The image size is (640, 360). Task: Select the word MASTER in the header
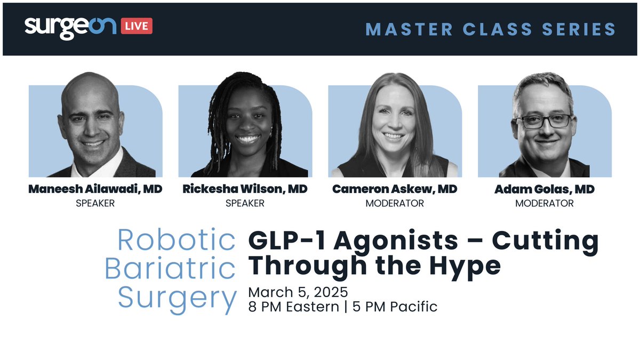(409, 29)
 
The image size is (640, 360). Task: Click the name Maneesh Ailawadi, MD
(96, 189)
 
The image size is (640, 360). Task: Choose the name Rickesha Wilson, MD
(245, 189)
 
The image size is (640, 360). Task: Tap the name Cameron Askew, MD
(395, 189)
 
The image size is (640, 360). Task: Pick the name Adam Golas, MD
(545, 189)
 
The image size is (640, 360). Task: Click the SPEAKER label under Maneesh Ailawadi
(95, 203)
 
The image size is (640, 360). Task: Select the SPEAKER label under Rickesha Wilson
(245, 203)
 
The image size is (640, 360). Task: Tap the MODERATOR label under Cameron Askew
(395, 203)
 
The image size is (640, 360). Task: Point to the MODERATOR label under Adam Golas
(545, 203)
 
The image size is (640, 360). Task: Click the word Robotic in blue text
(177, 241)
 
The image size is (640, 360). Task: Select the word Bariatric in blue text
(170, 269)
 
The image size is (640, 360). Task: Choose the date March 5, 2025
(298, 293)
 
